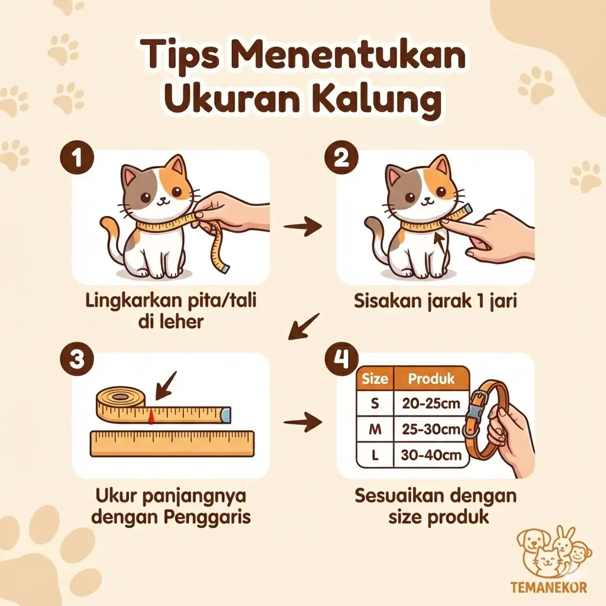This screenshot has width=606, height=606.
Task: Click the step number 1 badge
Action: click(x=77, y=158)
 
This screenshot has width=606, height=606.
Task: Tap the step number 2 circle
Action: click(x=341, y=158)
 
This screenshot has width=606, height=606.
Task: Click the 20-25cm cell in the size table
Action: click(x=431, y=403)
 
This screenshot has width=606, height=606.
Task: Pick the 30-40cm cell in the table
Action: click(x=431, y=455)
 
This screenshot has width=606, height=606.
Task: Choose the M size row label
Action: click(x=375, y=429)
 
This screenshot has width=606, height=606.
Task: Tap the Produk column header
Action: click(x=431, y=378)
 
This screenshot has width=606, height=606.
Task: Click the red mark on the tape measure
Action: click(x=151, y=417)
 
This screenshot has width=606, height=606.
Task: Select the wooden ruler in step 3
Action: click(x=172, y=444)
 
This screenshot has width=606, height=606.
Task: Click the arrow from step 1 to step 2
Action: click(x=302, y=227)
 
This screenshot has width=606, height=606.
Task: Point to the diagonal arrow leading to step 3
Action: click(x=304, y=327)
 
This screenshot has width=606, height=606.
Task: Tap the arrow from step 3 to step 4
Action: click(x=302, y=421)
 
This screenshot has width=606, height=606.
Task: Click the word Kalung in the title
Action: click(x=380, y=98)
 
